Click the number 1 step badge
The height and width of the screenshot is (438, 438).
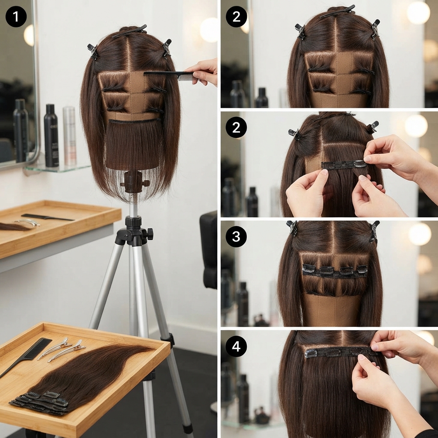click(16, 16)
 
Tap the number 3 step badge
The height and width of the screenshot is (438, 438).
click(236, 237)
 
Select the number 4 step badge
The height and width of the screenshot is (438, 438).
click(236, 346)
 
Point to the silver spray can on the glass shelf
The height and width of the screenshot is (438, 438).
click(69, 136)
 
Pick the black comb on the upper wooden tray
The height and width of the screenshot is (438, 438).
click(47, 217)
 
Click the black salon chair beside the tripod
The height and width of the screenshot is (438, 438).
click(208, 249)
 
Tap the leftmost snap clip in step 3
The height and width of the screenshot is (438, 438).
click(309, 269)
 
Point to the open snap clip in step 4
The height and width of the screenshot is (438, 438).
click(311, 354)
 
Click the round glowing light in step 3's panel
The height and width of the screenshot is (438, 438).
click(420, 234)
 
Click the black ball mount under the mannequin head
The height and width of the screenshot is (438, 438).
click(133, 182)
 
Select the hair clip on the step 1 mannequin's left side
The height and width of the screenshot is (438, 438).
click(93, 52)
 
